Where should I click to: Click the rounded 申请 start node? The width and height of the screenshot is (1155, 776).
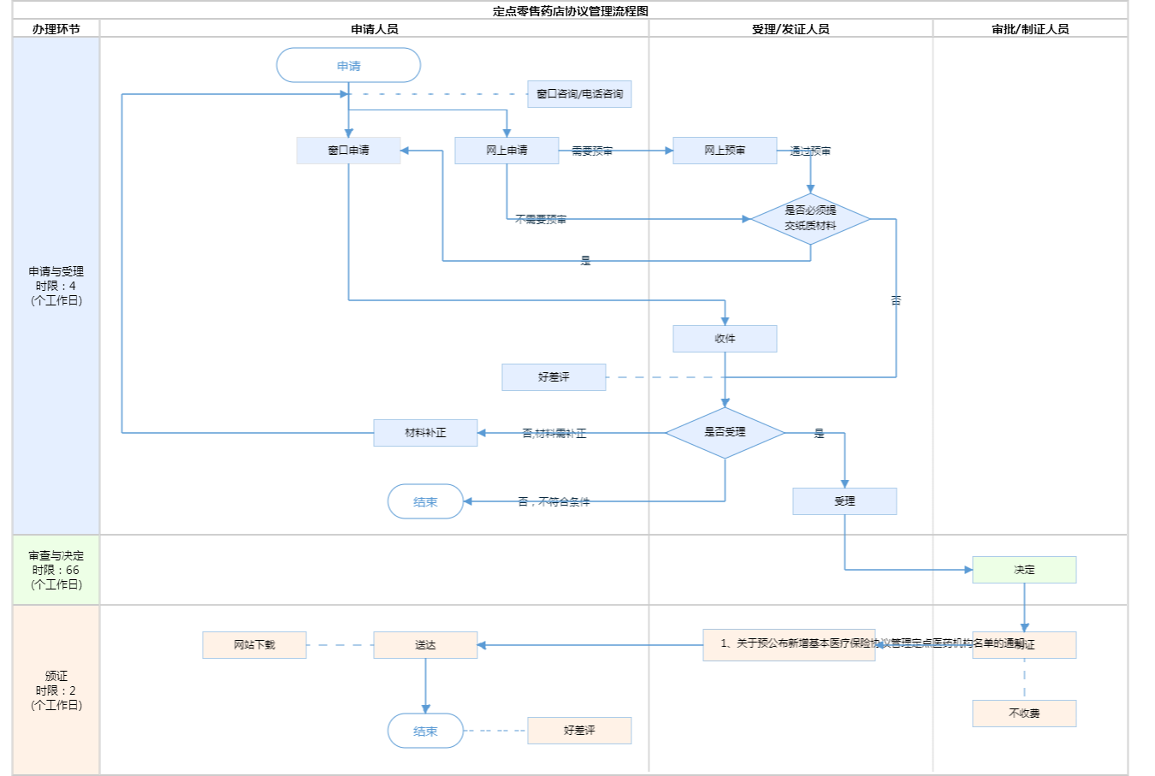click(348, 66)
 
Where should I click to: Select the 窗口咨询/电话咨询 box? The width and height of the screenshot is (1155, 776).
click(579, 94)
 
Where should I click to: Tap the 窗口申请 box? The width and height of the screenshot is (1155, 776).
click(348, 151)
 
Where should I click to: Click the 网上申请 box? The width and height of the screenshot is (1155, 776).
click(506, 151)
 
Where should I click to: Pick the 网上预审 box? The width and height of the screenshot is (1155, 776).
click(725, 151)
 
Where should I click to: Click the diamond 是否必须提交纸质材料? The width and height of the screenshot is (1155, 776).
click(810, 219)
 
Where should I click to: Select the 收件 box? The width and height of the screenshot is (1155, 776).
click(725, 339)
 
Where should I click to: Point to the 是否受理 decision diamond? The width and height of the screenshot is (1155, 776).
click(725, 433)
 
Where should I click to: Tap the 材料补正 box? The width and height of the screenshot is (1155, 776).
click(425, 433)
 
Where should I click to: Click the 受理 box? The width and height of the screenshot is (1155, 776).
click(844, 501)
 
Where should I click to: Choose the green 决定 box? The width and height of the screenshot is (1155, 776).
click(1024, 570)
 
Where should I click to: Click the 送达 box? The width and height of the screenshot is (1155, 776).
click(425, 645)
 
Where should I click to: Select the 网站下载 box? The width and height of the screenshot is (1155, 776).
click(254, 645)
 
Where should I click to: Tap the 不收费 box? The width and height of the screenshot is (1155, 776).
click(1024, 714)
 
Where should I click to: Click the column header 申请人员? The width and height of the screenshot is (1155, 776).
click(375, 29)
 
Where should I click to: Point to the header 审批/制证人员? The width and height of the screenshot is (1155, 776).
click(1030, 29)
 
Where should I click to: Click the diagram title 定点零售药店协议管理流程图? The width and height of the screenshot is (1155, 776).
click(571, 11)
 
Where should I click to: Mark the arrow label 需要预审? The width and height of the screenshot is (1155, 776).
click(592, 151)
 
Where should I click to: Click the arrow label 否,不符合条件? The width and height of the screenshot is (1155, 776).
click(554, 502)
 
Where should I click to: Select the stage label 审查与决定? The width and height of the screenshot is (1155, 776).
click(56, 556)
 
